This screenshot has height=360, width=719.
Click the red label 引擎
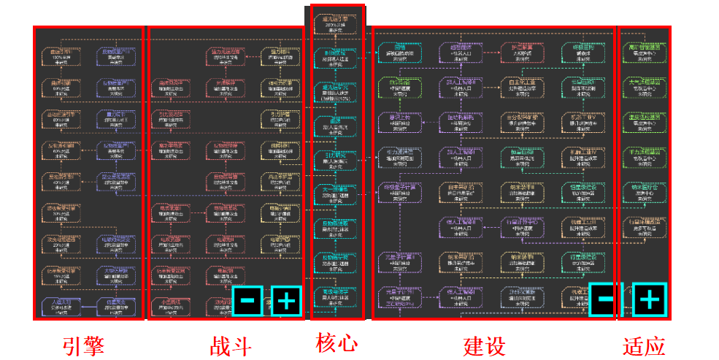[x=84, y=345]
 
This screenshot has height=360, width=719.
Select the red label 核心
[x=337, y=342]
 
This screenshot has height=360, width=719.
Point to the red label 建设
[x=485, y=345]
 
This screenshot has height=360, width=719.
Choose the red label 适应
[x=645, y=345]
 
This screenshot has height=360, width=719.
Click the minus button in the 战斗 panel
[x=247, y=300]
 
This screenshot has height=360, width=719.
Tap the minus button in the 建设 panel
[x=605, y=299]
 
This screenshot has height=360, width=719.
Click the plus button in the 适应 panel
[x=650, y=299]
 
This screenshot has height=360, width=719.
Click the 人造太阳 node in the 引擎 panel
[x=61, y=305]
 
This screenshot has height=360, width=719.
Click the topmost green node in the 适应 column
[x=644, y=53]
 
